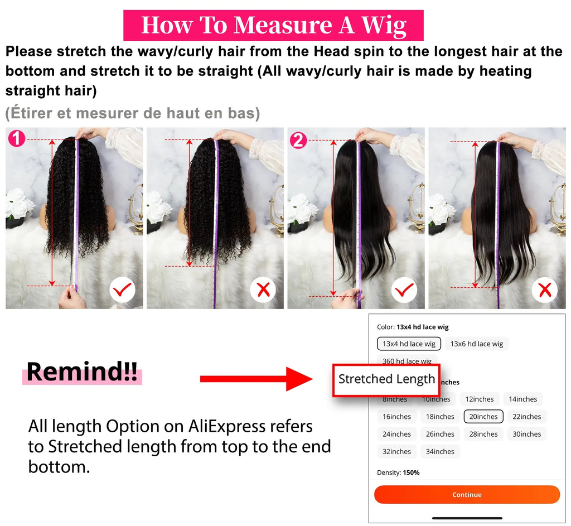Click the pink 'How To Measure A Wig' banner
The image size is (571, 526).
tap(273, 26)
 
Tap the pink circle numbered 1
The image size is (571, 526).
tap(17, 138)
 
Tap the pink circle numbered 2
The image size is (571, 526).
tap(299, 141)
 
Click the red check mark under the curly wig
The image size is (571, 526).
tap(122, 289)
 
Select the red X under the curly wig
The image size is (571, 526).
tap(263, 289)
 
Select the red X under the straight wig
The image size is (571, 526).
tap(545, 289)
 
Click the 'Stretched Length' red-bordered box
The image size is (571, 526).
tap(386, 379)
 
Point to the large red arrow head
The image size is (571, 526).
tap(299, 379)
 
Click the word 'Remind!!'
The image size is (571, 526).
tap(82, 372)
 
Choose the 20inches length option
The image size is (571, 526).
tap(483, 417)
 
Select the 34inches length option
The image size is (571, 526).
tap(439, 452)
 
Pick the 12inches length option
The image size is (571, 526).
tap(480, 399)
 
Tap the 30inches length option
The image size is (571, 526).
tap(526, 434)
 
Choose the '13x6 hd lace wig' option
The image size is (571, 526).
tap(476, 344)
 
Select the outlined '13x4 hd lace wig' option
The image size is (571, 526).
tap(409, 344)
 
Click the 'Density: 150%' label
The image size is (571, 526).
tap(398, 472)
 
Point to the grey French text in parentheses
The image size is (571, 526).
tap(133, 113)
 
